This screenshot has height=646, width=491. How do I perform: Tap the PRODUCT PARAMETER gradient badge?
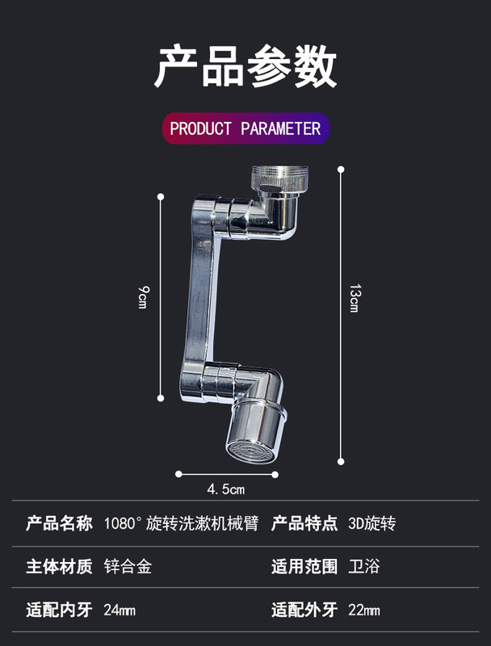245,128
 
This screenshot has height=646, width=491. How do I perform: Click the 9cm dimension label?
142,297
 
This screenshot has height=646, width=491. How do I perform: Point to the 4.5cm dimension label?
226,489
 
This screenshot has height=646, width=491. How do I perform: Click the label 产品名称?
60,523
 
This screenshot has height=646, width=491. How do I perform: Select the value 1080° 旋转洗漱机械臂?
181,523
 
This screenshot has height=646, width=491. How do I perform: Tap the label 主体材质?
60,566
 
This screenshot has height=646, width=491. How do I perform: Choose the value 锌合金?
128,566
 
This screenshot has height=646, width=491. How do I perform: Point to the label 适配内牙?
60,609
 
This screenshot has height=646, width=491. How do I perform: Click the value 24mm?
120,610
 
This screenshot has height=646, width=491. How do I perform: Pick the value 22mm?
364,610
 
